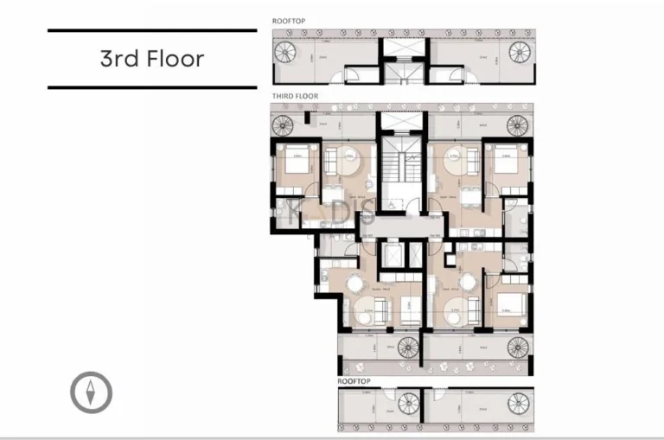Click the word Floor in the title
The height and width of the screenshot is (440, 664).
click(x=176, y=59)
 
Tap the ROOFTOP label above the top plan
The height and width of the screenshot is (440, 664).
click(x=289, y=21)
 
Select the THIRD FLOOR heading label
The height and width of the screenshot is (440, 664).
click(x=295, y=97)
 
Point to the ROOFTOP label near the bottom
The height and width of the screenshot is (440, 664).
click(x=354, y=379)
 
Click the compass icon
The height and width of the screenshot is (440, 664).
click(x=91, y=392)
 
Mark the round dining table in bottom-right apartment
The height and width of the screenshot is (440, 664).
click(x=469, y=282)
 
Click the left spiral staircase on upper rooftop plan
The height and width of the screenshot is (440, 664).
click(x=285, y=54)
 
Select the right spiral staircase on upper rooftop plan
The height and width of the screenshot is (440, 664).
click(x=520, y=54)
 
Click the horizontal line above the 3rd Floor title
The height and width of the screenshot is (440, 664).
click(x=152, y=31)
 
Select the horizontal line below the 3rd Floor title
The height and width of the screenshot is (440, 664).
click(x=152, y=86)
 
